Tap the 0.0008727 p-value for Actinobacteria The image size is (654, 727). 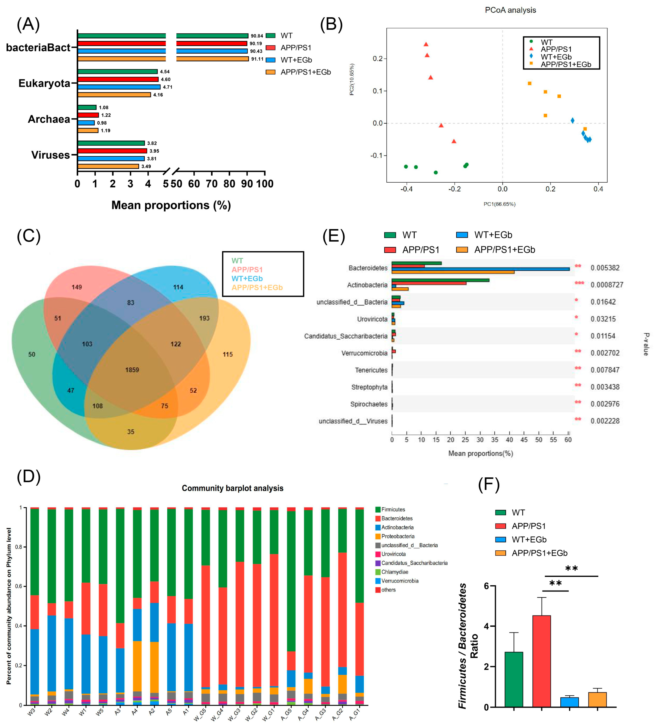[607, 285]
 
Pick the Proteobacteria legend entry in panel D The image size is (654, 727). [397, 536]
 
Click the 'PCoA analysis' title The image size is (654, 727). [510, 10]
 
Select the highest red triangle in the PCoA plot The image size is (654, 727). [426, 44]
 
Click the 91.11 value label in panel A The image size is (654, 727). [257, 59]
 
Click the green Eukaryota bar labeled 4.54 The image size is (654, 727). [118, 71]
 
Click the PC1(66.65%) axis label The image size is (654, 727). [499, 204]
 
